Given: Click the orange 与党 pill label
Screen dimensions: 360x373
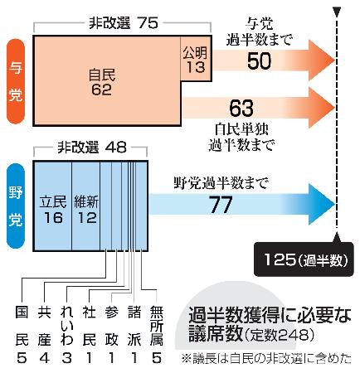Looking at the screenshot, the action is tap(16, 81).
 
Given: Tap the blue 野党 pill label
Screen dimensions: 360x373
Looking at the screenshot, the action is tap(16, 206).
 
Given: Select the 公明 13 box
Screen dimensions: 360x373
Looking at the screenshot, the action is tap(196, 59).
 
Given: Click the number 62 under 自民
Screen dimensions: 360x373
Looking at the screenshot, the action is tap(102, 90).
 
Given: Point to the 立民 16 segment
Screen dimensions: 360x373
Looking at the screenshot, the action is tap(53, 206).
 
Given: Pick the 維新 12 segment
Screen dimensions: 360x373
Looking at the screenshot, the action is tap(86, 206).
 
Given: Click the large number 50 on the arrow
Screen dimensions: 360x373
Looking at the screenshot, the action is tap(259, 61).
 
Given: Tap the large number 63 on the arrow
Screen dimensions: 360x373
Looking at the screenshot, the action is tap(241, 108).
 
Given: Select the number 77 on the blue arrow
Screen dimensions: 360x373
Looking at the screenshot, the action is tap(221, 205).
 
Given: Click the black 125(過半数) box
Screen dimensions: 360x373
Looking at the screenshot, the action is tap(304, 259).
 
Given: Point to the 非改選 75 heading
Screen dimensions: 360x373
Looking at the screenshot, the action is tap(124, 23).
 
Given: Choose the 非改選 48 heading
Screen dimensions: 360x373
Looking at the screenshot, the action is tap(92, 148).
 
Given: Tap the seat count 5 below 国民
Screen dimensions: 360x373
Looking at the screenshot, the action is tap(22, 358).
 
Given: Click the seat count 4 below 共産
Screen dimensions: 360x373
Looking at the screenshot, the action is tap(44, 358).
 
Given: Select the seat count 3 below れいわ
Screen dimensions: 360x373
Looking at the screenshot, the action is tap(67, 358).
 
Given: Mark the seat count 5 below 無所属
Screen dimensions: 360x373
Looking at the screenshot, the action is tap(157, 358).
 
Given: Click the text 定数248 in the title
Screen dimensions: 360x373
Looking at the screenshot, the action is tap(279, 336).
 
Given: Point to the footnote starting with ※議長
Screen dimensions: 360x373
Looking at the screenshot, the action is tap(266, 359).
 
